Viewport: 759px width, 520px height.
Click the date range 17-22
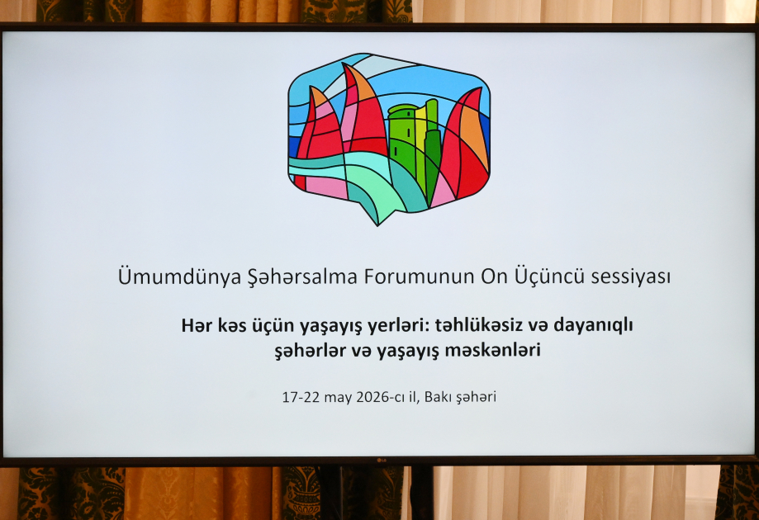click(x=300, y=397)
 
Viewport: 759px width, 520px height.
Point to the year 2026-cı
click(x=385, y=397)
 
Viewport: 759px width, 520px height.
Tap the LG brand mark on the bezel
click(x=381, y=461)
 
